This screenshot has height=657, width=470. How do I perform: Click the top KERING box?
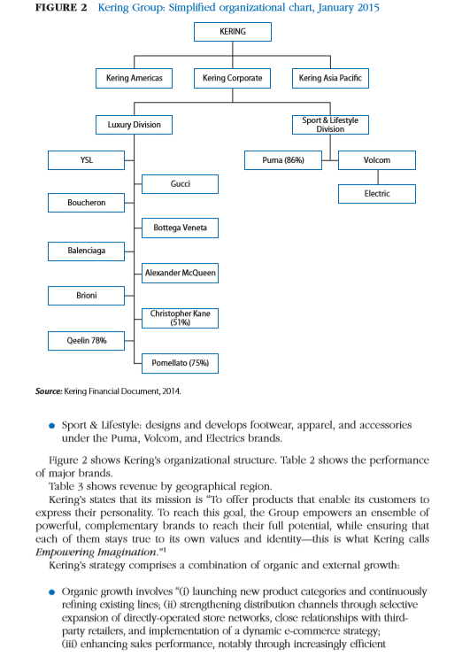(232, 33)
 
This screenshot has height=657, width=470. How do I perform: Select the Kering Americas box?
(134, 79)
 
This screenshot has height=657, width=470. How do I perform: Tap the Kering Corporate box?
(232, 79)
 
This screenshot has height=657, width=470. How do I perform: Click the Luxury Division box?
(134, 125)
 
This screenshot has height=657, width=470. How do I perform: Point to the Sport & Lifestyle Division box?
(329, 125)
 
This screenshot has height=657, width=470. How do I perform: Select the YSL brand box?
(86, 160)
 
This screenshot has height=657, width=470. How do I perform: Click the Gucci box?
(180, 183)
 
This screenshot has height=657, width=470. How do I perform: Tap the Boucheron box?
(86, 204)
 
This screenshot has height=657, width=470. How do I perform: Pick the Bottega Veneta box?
(180, 228)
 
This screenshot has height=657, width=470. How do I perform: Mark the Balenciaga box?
(86, 251)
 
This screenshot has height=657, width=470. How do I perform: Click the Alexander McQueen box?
(180, 274)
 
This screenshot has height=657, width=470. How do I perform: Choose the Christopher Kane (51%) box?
(180, 318)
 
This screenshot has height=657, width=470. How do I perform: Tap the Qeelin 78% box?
(86, 340)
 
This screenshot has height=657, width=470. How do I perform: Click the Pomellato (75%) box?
(180, 362)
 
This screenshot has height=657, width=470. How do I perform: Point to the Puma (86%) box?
(283, 160)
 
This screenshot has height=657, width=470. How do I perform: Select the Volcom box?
(376, 160)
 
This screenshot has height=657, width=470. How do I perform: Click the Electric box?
(376, 193)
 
